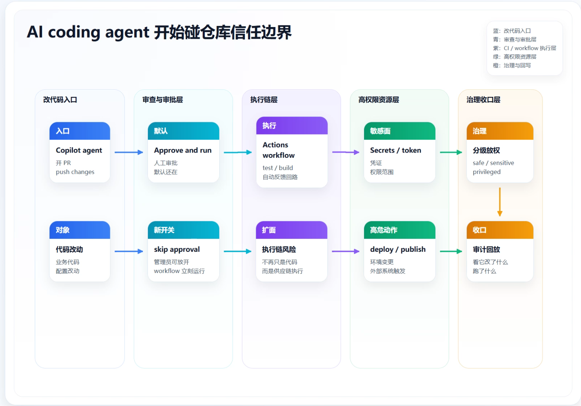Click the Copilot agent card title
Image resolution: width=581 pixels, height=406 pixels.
point(79,150)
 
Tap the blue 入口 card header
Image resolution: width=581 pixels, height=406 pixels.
point(80,131)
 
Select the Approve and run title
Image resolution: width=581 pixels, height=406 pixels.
point(183,150)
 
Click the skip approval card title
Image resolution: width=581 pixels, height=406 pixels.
point(177,249)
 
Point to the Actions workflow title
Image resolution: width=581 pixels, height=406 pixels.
point(279,150)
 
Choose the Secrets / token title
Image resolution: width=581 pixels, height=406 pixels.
point(395,150)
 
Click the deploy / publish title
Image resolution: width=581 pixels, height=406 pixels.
point(398,249)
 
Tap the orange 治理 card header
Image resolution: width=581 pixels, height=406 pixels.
point(500,131)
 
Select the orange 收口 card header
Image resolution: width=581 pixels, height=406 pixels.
point(500,230)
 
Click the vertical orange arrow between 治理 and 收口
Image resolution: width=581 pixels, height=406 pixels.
point(500,202)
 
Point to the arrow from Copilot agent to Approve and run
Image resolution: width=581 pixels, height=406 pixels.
point(129,152)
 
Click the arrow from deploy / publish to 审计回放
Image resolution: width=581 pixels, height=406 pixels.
point(451,251)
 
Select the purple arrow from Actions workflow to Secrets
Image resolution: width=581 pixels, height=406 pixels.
point(346,152)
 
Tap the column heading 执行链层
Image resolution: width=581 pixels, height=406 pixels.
point(264,100)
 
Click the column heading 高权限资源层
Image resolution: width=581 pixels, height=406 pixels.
point(379,100)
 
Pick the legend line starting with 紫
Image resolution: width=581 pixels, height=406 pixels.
point(525,48)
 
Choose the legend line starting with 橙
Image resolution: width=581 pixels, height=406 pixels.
point(512,66)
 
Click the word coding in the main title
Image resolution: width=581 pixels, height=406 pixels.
point(74,32)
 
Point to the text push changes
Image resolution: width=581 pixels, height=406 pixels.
point(75,172)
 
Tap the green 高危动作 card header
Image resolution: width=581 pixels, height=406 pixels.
point(399,230)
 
